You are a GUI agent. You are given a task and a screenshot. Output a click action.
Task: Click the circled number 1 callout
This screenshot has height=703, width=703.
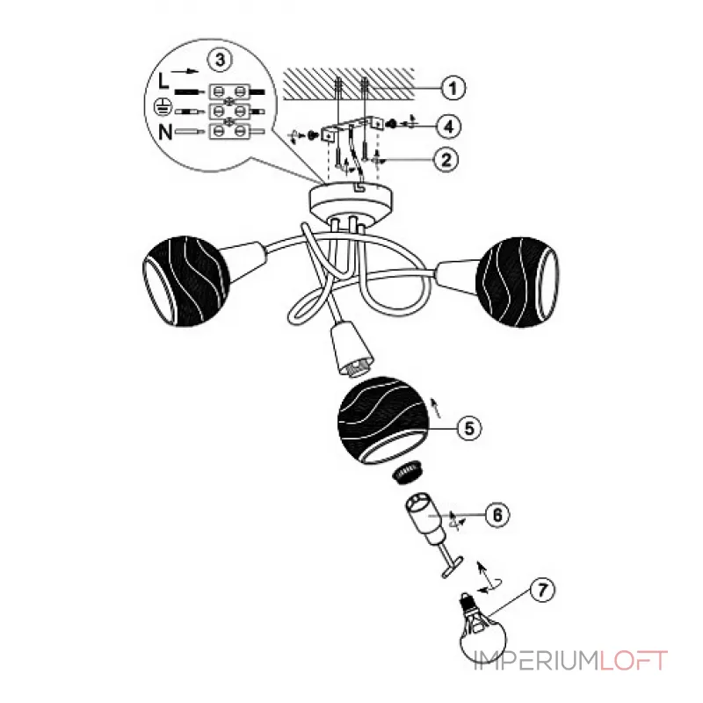[x=453, y=88]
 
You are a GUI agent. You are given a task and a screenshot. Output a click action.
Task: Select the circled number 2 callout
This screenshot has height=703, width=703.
[x=446, y=159]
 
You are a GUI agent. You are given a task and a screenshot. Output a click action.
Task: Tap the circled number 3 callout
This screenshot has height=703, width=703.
[x=219, y=60]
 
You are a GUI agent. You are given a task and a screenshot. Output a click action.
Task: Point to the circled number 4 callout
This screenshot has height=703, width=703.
[x=449, y=126]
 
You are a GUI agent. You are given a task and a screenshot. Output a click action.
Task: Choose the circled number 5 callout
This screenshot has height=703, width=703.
[x=468, y=428]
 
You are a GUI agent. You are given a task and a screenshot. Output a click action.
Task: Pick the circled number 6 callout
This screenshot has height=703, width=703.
[x=497, y=515]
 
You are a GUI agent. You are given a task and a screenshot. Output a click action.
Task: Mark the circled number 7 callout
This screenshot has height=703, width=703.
[x=542, y=590]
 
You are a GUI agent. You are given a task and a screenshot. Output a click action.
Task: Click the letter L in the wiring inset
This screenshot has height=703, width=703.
[x=164, y=81]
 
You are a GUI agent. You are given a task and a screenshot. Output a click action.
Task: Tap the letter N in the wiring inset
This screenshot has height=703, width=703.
[x=165, y=132]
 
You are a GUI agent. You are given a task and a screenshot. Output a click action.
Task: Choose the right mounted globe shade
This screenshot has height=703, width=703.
[x=517, y=281]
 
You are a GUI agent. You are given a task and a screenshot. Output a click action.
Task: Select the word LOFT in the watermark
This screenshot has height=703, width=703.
[x=633, y=661]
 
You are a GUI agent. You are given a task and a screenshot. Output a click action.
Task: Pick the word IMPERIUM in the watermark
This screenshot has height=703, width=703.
[x=536, y=661]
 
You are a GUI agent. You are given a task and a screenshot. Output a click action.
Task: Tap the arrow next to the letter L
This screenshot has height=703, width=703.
[x=185, y=71]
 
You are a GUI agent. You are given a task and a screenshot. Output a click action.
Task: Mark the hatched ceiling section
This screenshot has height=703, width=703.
[x=349, y=84]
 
